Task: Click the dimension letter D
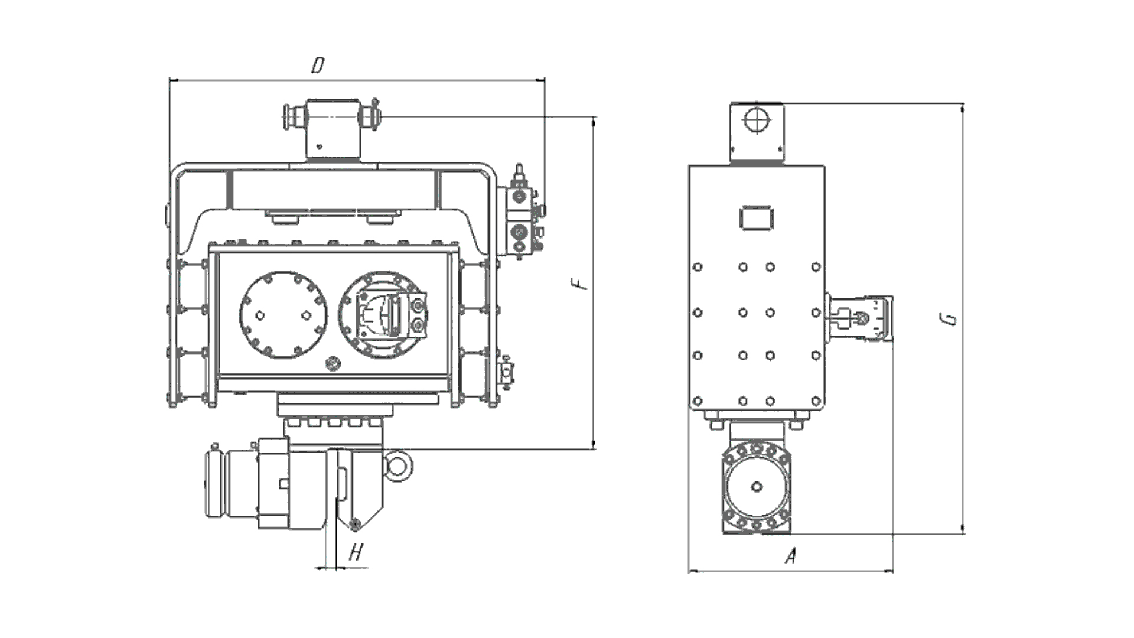(318, 65)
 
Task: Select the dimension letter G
(950, 320)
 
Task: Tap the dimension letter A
(791, 556)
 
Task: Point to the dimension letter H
(356, 553)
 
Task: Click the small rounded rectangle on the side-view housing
(756, 217)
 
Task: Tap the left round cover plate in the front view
(283, 315)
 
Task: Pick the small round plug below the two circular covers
(333, 363)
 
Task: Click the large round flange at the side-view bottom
(757, 488)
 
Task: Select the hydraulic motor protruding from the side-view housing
(859, 318)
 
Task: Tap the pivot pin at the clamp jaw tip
(355, 523)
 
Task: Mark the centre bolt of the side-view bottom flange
(757, 487)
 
